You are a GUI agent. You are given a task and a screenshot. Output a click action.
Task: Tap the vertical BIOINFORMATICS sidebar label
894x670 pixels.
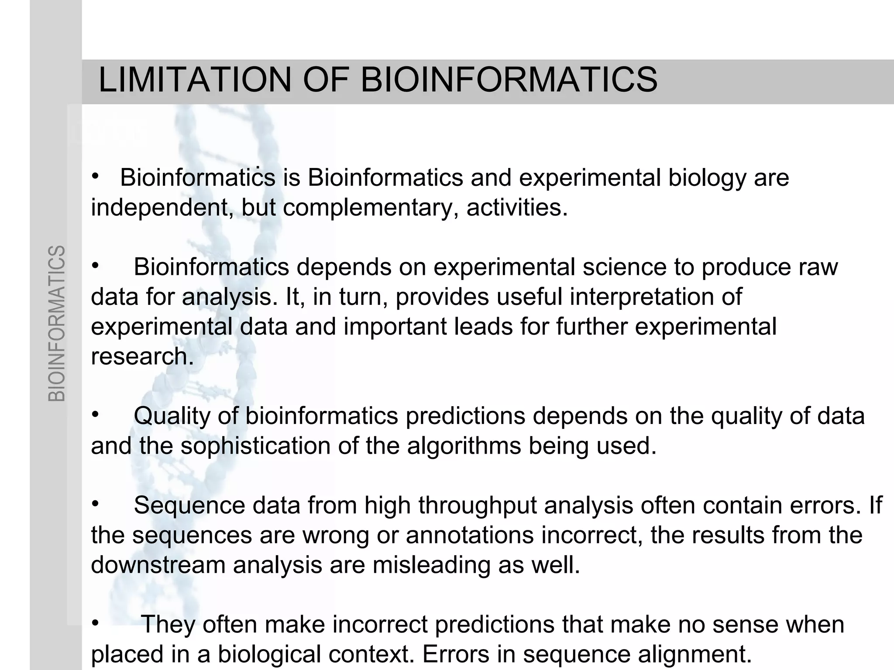[x=57, y=323]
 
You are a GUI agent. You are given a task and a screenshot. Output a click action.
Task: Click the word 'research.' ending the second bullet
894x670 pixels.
[x=142, y=356]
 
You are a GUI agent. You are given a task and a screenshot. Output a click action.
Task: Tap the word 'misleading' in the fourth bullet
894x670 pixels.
[x=431, y=565]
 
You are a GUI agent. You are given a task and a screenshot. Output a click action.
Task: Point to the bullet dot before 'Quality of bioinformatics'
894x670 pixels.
[x=96, y=414]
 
